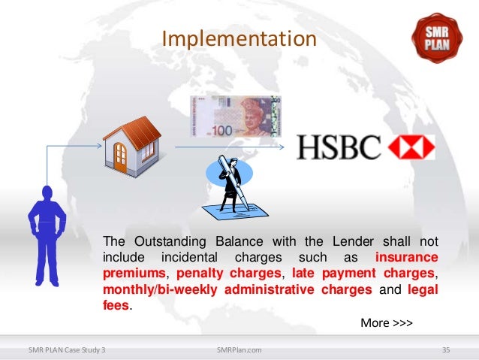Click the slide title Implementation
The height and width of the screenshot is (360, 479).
click(239, 37)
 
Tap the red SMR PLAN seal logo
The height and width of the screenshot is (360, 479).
click(438, 33)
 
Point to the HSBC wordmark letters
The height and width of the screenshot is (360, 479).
click(339, 147)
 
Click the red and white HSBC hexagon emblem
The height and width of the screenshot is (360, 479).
click(411, 147)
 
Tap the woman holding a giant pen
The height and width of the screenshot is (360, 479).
click(230, 183)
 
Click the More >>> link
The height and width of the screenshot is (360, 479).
click(387, 323)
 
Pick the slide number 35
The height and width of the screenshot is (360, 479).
click(446, 350)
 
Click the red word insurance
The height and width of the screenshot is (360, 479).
click(406, 258)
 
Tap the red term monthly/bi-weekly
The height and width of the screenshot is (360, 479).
click(153, 290)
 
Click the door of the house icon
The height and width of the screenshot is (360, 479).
click(120, 155)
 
